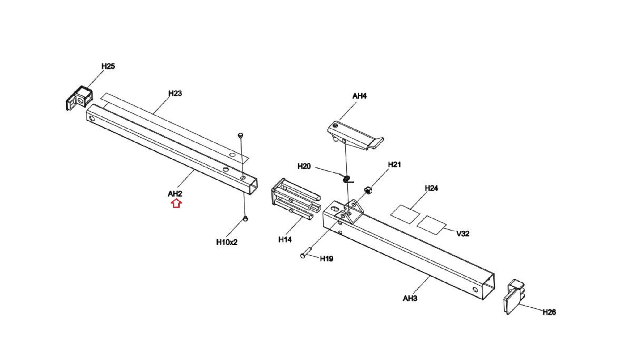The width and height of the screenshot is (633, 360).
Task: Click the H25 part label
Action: point(108,66)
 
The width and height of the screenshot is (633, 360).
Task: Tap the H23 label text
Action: point(175,93)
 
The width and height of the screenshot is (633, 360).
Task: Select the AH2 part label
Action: point(175,194)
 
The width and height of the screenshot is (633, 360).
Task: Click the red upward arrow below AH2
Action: point(176,203)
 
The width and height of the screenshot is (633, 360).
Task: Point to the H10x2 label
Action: point(227,242)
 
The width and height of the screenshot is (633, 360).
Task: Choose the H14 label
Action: point(285,239)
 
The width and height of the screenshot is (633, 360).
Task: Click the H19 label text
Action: point(326,259)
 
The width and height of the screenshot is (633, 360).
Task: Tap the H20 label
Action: point(304,167)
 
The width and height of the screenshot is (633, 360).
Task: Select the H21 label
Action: point(394,165)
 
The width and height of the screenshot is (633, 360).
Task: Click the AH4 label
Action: point(359,96)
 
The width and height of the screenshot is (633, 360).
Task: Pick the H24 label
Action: point(431,188)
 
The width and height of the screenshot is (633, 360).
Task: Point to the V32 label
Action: point(463,234)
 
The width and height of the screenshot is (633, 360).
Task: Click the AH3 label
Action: point(410,298)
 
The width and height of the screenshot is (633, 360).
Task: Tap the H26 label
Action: point(549,312)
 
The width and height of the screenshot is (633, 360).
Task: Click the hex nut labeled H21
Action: point(368,190)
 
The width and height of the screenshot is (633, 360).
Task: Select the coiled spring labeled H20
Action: point(347,179)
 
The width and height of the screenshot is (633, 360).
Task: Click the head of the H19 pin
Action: point(303,256)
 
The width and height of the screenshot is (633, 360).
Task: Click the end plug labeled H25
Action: point(79,98)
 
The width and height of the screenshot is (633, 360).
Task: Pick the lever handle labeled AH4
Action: point(355,136)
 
